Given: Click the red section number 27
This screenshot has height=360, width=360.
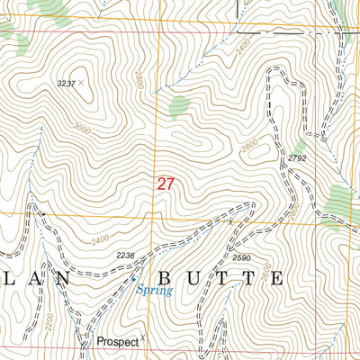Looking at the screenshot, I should [165, 184].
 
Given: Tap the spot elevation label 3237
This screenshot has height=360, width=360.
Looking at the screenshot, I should [66, 83].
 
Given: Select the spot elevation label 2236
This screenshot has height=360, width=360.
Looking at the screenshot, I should [125, 256].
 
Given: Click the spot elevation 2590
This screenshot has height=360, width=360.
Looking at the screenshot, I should [240, 258].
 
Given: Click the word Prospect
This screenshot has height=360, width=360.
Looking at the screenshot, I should [112, 343].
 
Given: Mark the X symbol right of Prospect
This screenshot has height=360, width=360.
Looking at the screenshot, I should [142, 340].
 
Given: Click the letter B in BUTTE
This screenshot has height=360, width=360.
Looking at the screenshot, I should [165, 277].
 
